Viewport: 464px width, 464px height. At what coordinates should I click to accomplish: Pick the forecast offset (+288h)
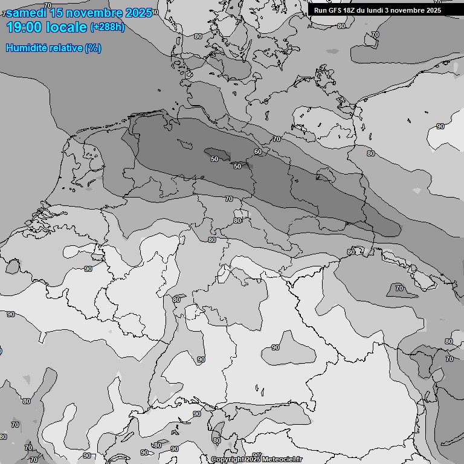108,27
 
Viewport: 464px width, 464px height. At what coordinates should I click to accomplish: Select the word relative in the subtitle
63,48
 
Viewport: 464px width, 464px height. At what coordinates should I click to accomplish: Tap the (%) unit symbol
93,48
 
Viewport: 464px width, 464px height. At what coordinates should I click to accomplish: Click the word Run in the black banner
321,10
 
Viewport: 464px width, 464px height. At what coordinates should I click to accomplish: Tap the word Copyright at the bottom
228,460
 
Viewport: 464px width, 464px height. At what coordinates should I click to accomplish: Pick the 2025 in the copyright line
254,460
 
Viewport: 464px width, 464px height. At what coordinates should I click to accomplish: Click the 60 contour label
258,152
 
